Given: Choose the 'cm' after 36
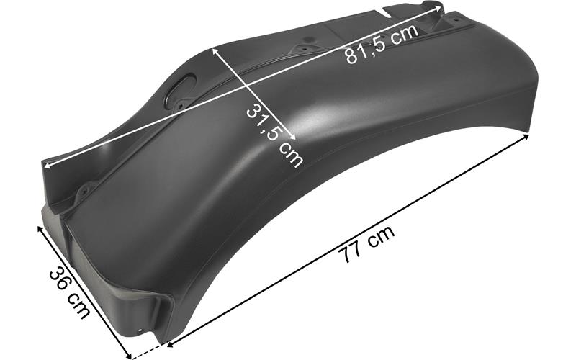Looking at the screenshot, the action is pyautogui.click(x=78, y=307).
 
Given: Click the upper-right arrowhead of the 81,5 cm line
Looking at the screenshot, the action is pyautogui.click(x=439, y=6).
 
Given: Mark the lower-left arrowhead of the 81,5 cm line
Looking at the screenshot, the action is pyautogui.click(x=46, y=166).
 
